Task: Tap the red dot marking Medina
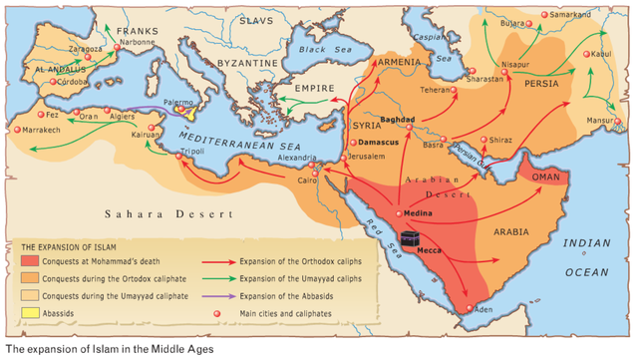coord(400,212)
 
